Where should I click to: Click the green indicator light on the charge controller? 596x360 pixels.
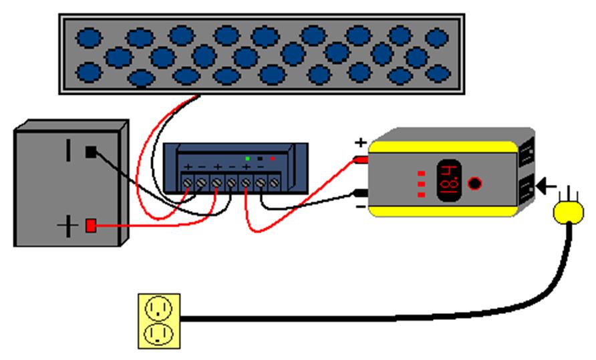(248, 158)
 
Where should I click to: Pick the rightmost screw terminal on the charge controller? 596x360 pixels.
(273, 181)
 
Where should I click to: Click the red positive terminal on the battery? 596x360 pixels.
(90, 226)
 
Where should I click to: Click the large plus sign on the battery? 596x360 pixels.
(67, 227)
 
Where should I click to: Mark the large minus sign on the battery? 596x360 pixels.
(68, 149)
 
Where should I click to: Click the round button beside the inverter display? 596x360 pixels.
(474, 183)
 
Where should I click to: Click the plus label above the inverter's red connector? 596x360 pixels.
(360, 142)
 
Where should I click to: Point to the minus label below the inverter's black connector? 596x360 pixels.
(360, 208)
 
